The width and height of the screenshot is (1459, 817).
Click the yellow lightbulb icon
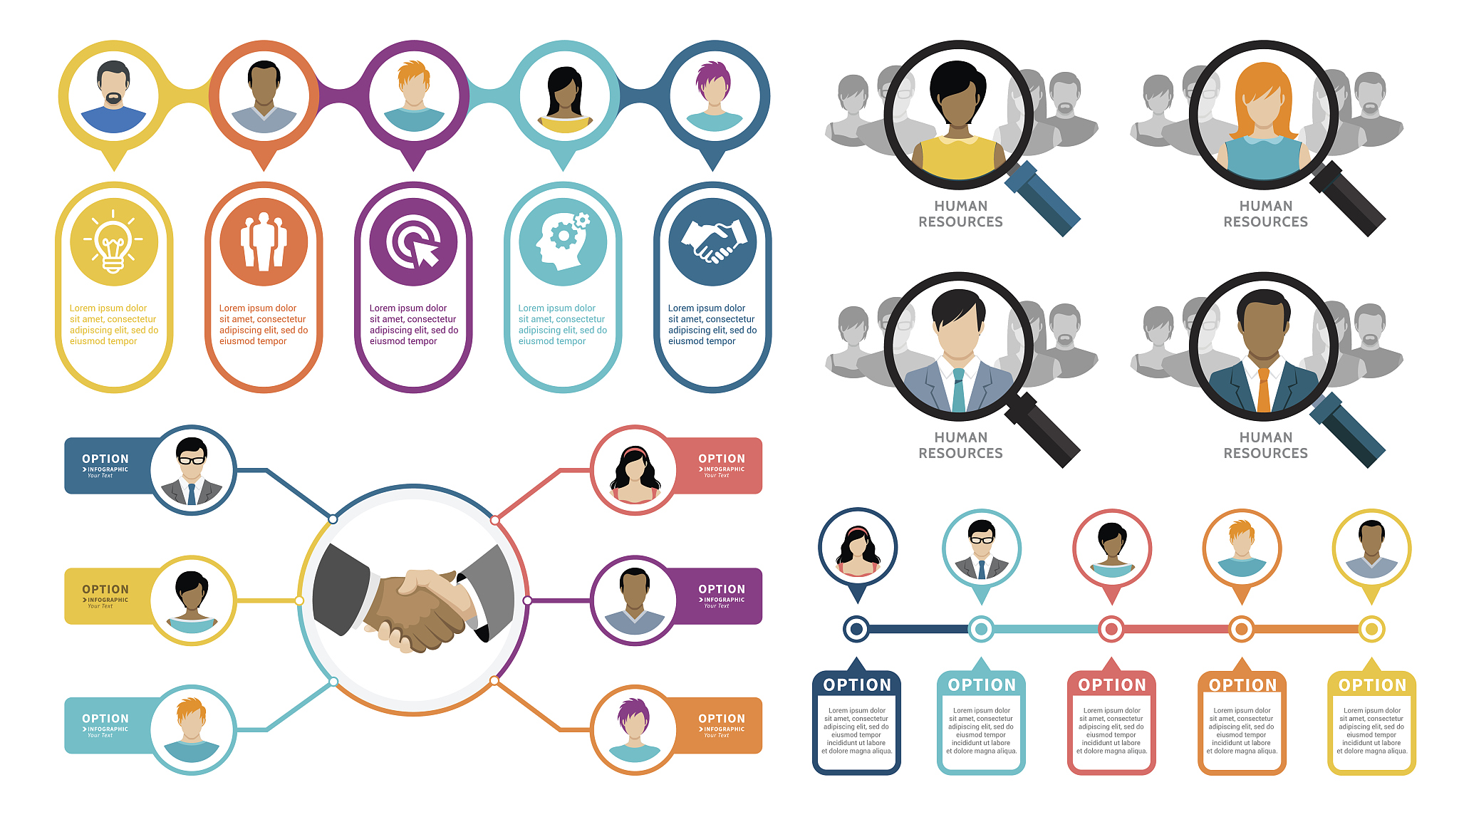113,242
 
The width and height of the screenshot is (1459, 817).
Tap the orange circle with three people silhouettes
264,242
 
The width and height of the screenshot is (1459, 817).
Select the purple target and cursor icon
413,242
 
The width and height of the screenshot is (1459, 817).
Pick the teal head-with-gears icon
563,242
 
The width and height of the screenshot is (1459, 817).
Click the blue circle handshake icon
712,242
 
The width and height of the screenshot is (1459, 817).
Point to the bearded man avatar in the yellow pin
113,96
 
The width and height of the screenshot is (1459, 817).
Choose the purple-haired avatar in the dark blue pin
713,96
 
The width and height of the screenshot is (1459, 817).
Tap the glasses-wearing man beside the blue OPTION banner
192,471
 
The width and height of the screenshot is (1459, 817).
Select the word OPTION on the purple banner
721,589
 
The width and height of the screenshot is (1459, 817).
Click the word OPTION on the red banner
721,459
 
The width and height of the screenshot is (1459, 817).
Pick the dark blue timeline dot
856,629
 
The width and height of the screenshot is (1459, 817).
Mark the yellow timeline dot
1371,629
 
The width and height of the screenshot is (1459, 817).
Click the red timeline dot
1111,629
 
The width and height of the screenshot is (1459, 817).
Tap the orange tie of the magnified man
1264,390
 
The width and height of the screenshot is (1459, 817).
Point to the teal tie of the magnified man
958,390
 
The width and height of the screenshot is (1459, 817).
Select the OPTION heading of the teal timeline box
982,685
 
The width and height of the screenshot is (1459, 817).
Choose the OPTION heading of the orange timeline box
1242,685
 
